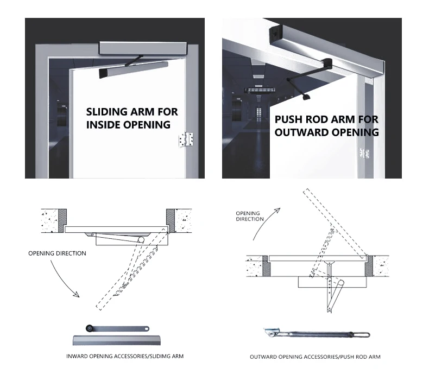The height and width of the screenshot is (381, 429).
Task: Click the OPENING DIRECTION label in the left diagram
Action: [x=57, y=253]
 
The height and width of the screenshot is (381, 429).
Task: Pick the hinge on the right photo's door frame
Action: [x=360, y=150]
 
